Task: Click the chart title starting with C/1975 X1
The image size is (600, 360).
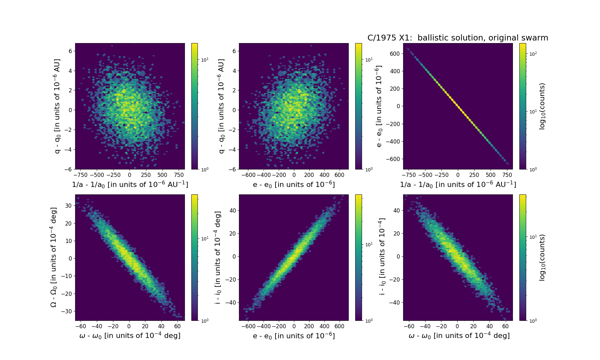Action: (x=458, y=38)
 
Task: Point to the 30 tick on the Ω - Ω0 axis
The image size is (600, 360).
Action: (x=68, y=206)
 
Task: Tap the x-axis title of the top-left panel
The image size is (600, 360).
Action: (x=130, y=184)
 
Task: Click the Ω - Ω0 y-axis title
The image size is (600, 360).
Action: (x=54, y=257)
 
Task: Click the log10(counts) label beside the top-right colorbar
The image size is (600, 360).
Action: (x=542, y=106)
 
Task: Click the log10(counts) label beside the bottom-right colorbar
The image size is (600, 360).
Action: (x=542, y=257)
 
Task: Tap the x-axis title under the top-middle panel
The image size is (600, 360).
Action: (x=294, y=184)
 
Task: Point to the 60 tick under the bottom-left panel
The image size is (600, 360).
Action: (x=177, y=326)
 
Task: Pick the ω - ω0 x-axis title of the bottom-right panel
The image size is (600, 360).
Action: (x=459, y=336)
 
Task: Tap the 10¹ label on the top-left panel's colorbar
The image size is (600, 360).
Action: (x=205, y=60)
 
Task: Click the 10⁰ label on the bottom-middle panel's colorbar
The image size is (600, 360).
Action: (x=369, y=321)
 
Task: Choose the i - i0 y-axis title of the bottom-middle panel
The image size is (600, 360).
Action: (x=218, y=257)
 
